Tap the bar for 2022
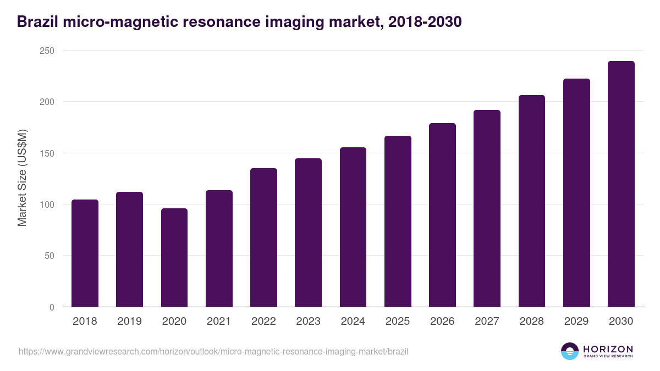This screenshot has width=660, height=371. [263, 237]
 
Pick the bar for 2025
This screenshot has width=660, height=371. [398, 221]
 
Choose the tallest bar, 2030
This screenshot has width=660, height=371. [621, 184]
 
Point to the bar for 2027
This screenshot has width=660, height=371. [487, 208]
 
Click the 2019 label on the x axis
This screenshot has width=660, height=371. [129, 321]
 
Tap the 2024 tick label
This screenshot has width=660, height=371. [353, 321]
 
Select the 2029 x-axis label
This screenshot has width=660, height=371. [576, 321]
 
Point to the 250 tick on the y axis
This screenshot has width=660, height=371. [47, 51]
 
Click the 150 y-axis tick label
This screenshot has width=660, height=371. [47, 153]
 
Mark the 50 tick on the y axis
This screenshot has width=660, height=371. [49, 256]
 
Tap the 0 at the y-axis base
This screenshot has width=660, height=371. [52, 307]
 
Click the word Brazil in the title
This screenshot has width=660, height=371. [36, 22]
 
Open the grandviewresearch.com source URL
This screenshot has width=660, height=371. [213, 351]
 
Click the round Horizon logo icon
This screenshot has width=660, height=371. [570, 351]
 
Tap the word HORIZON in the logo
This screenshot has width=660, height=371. [608, 348]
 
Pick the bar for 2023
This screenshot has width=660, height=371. [308, 232]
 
